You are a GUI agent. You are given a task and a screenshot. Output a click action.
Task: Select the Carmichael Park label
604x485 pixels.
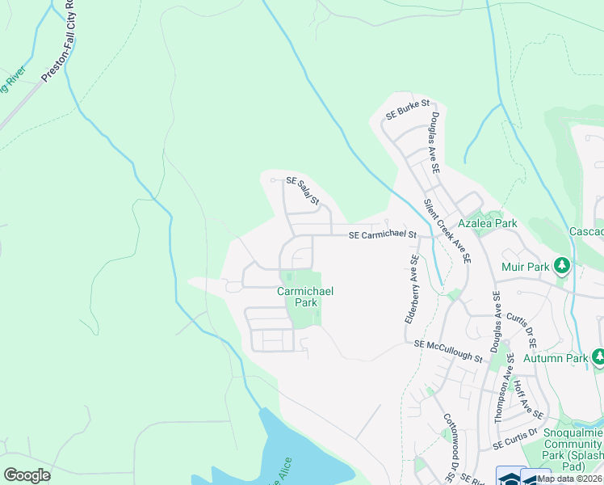click(304, 297)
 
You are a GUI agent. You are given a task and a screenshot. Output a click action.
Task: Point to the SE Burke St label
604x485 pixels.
click(408, 110)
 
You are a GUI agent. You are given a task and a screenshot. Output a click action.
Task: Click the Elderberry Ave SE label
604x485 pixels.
click(413, 289)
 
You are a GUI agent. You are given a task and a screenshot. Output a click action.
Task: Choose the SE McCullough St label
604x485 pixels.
click(448, 351)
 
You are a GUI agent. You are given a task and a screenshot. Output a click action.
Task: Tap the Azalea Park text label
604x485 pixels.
click(487, 222)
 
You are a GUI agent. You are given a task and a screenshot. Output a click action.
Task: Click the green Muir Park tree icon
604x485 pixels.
click(564, 265)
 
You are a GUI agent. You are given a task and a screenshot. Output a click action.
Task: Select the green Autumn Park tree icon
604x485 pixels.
click(598, 356)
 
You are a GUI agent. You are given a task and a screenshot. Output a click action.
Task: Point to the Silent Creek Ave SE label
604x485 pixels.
click(448, 231)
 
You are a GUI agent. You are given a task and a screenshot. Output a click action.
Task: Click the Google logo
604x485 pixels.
click(27, 475)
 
